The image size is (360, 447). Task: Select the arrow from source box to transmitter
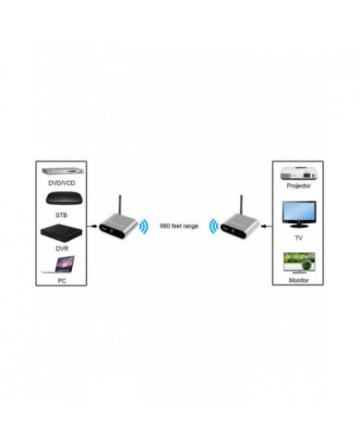(x=93, y=224)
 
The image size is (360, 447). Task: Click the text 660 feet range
(x=179, y=224)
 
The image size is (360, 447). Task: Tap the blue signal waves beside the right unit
(x=212, y=225)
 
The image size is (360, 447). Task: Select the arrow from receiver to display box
(x=267, y=224)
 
